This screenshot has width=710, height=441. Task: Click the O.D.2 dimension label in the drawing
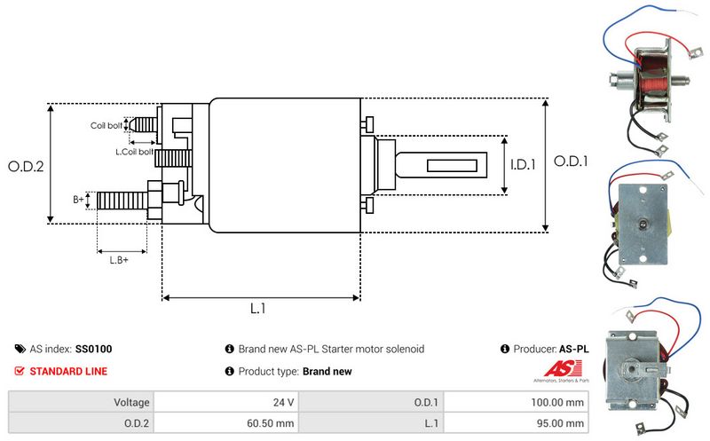click(26, 166)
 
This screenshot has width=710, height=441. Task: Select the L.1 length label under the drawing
click(258, 309)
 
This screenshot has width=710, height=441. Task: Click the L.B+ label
click(119, 259)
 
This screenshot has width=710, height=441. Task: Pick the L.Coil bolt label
click(134, 152)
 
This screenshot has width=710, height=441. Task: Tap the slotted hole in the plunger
click(456, 166)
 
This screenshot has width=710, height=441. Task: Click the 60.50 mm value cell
click(271, 424)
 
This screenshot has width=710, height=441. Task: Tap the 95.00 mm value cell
click(564, 424)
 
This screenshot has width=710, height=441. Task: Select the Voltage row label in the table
click(130, 402)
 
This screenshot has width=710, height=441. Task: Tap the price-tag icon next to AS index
click(20, 350)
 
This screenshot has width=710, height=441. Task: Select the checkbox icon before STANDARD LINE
click(20, 371)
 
